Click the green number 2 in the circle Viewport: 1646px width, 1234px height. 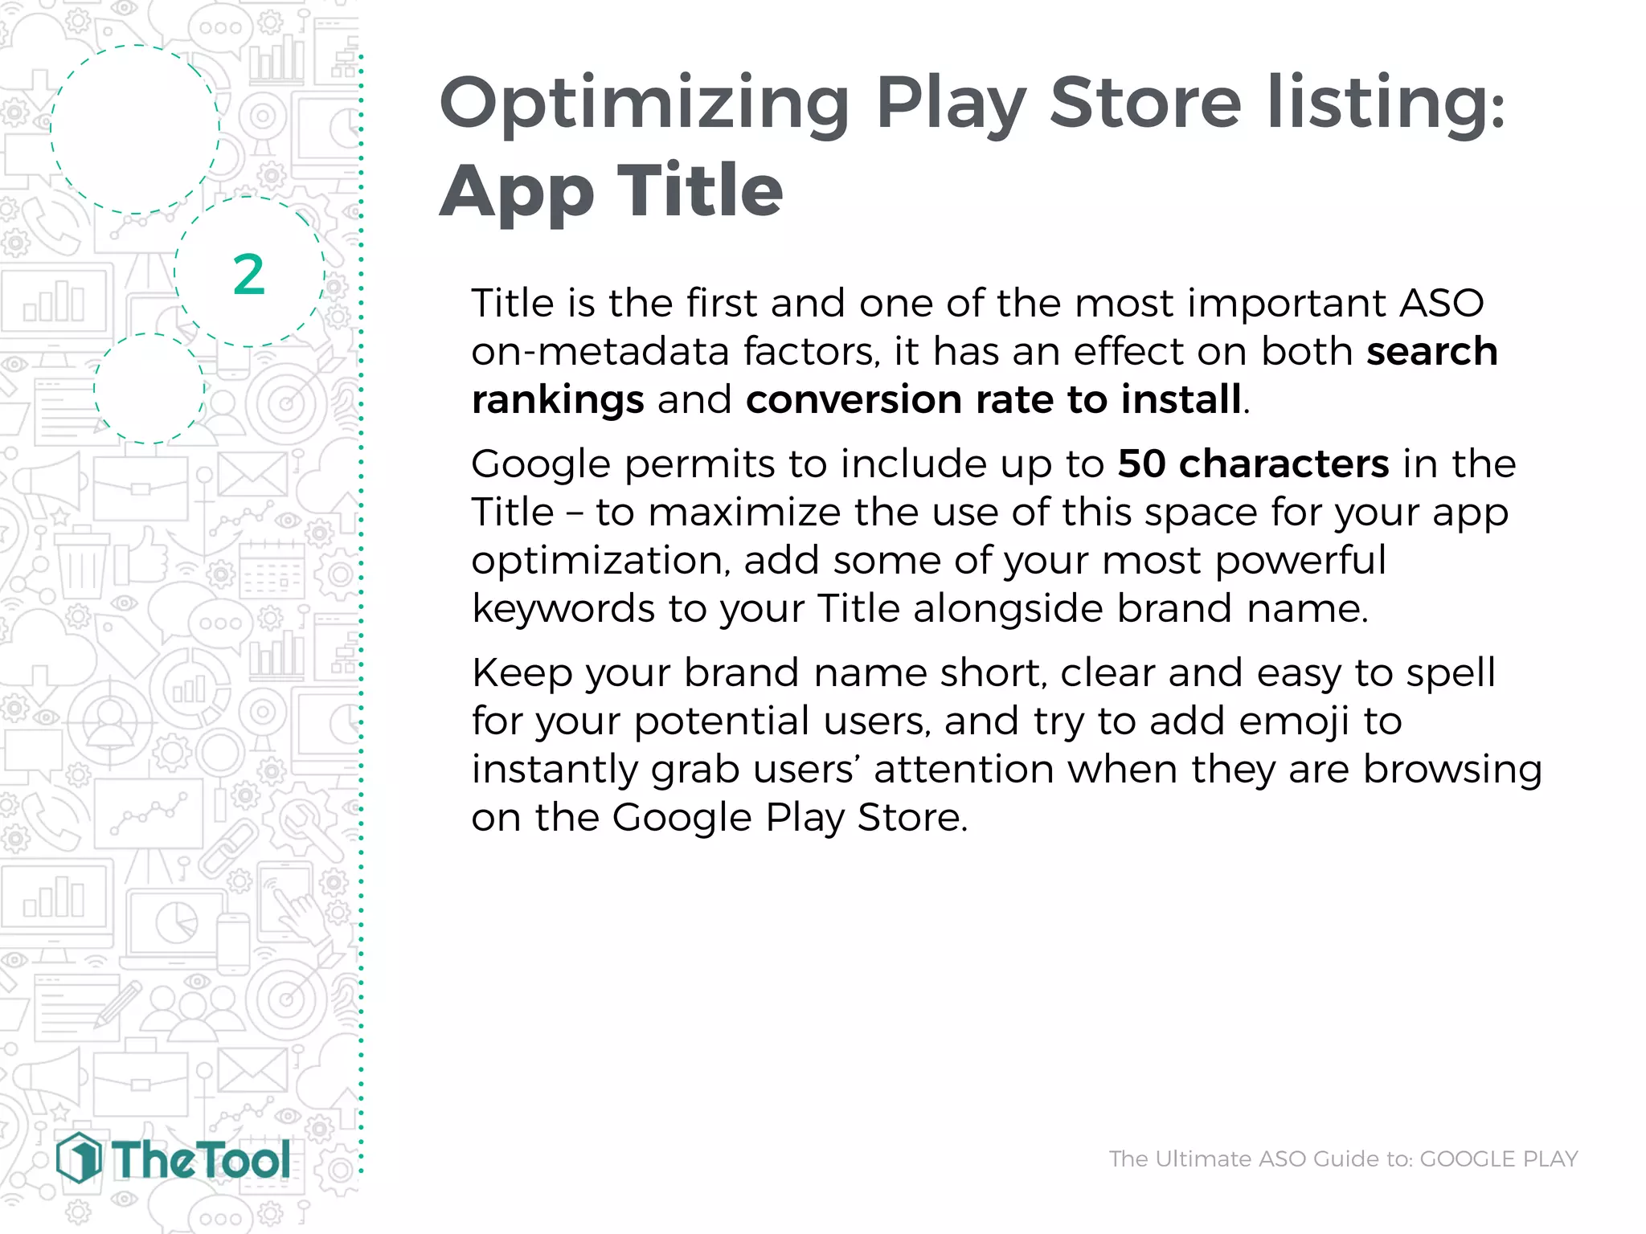click(248, 275)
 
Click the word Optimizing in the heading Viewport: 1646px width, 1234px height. click(644, 104)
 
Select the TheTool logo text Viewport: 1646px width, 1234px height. click(201, 1160)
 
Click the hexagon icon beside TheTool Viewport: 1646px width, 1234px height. click(79, 1158)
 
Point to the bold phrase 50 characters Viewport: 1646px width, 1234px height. click(1253, 464)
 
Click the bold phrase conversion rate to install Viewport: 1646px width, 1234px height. click(993, 399)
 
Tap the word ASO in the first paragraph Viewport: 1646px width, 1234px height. click(1442, 303)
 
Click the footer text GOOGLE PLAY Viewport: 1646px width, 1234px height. click(1498, 1158)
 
